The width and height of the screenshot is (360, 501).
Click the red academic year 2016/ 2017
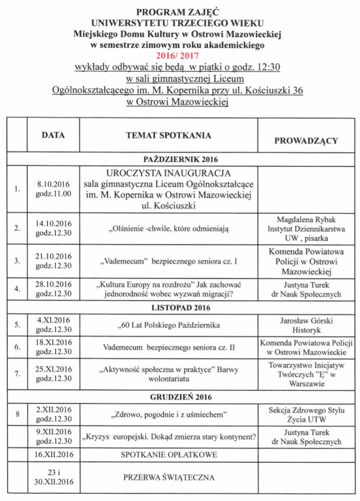coord(177,55)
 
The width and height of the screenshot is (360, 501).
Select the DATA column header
coord(53,135)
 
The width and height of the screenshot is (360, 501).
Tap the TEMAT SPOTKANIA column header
coord(169,135)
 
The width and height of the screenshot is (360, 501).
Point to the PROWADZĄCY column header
coord(306,140)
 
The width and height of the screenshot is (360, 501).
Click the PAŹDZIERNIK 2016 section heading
coord(181,159)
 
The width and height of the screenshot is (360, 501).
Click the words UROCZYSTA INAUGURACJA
coord(169,173)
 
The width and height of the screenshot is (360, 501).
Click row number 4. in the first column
coord(17,289)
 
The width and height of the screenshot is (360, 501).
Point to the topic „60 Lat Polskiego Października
coord(169,326)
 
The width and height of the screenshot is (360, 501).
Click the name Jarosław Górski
coord(306,321)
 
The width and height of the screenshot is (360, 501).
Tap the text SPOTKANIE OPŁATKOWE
coord(169,454)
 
